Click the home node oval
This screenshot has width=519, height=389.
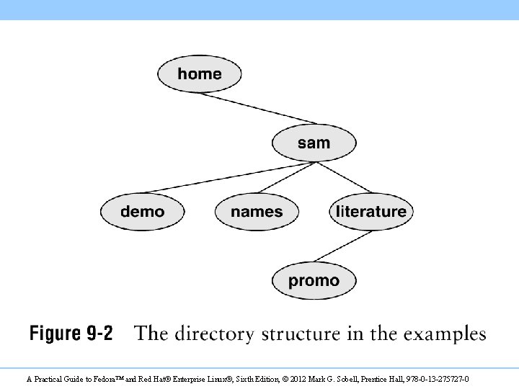tap(200, 73)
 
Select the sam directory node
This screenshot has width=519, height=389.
tap(314, 143)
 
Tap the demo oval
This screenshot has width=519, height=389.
tap(142, 212)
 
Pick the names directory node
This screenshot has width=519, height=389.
tap(257, 212)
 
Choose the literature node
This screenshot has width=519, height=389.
tap(371, 212)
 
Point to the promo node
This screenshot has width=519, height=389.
tap(314, 280)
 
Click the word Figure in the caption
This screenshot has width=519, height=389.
tap(55, 334)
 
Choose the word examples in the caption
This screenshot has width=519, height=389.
tap(445, 334)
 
